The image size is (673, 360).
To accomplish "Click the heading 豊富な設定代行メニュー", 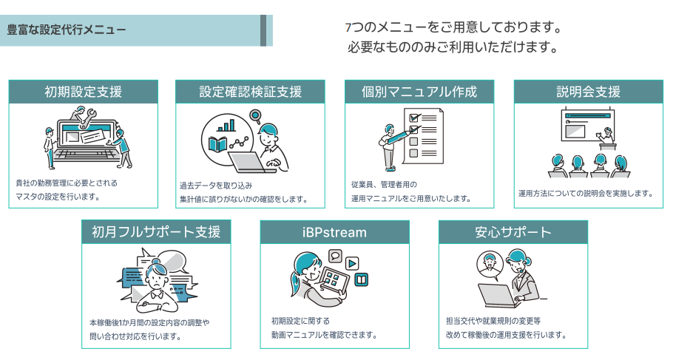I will tap(67, 30).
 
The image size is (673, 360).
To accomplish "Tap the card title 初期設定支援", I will tap(83, 92).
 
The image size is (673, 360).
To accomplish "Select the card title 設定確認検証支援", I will tap(251, 92).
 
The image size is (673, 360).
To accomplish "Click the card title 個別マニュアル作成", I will tap(419, 92).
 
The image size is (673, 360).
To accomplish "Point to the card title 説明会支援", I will tap(588, 92).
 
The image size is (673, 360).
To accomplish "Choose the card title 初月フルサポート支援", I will tap(156, 232).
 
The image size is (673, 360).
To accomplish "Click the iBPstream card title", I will tap(335, 232).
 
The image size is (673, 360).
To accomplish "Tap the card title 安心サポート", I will tap(513, 232).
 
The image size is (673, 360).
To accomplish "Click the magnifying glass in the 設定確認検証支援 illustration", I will tap(256, 116).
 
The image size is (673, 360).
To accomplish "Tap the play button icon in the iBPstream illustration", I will tap(353, 262).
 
